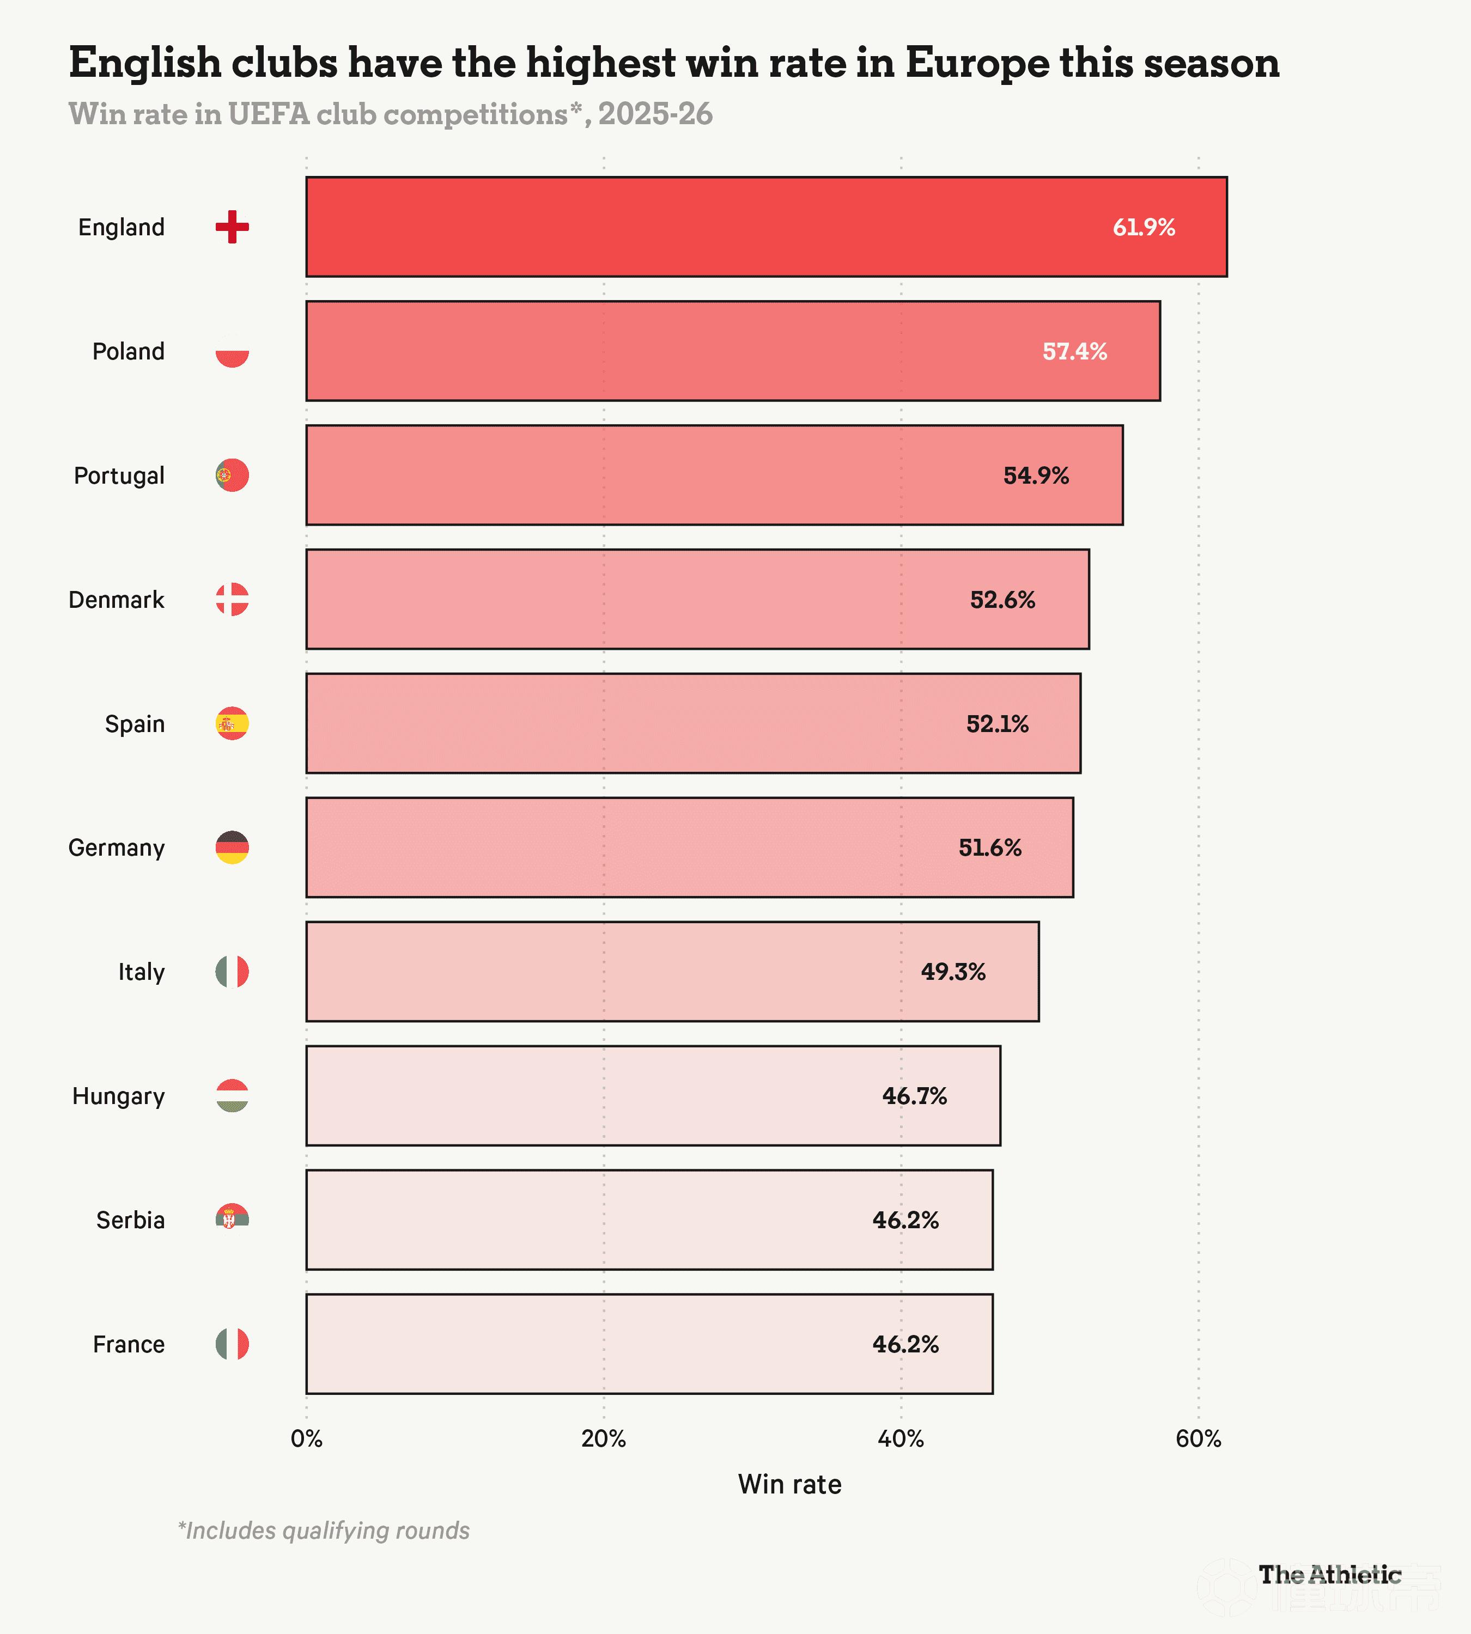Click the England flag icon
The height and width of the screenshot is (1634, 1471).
[x=232, y=227]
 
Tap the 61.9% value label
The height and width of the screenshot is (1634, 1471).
[x=1143, y=227]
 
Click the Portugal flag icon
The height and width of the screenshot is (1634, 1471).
[x=232, y=475]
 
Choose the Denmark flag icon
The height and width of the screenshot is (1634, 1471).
[x=232, y=600]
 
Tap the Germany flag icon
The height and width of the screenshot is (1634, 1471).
[x=232, y=848]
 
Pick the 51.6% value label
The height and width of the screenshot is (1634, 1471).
[x=989, y=848]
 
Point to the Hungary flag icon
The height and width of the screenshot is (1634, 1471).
[x=232, y=1096]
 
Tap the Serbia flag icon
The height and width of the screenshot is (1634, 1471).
[x=232, y=1217]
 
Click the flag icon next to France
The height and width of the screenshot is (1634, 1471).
[x=232, y=1344]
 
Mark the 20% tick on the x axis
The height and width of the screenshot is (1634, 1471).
[x=604, y=1439]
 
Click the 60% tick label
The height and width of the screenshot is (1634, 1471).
[x=1198, y=1439]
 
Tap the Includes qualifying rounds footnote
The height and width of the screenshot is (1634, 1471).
[x=323, y=1531]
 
